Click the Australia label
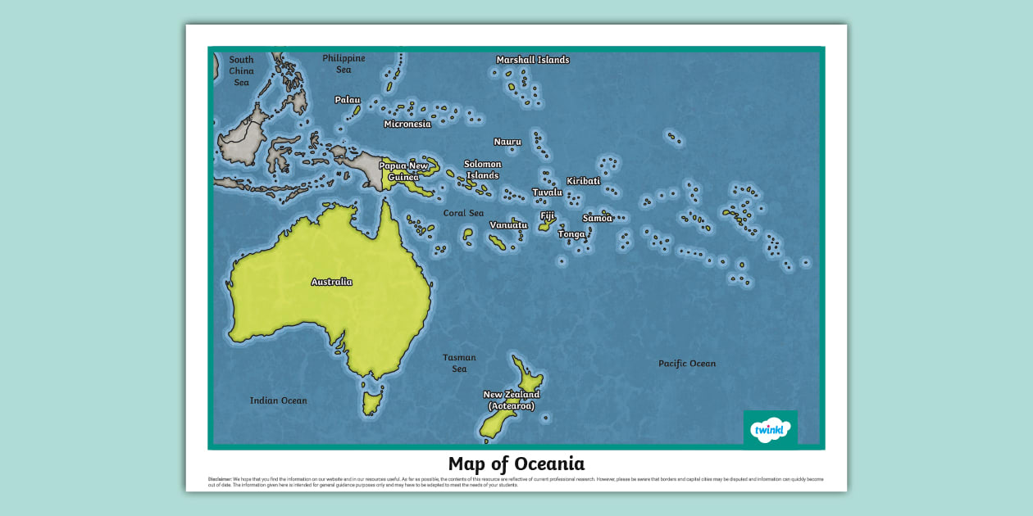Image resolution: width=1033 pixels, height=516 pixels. click(x=331, y=282)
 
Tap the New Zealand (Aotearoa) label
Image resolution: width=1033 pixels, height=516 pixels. click(x=511, y=401)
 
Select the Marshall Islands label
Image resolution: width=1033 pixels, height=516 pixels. click(x=532, y=60)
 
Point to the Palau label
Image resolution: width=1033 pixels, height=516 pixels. click(x=347, y=100)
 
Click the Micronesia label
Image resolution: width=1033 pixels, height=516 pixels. click(x=407, y=124)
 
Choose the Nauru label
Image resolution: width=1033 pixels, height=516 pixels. click(x=507, y=142)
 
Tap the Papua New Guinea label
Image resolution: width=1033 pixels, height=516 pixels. click(x=403, y=171)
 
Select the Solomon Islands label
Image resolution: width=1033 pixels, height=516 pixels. click(x=482, y=170)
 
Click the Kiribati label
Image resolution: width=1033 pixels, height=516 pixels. click(x=583, y=181)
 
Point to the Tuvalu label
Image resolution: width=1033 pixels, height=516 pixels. click(x=547, y=192)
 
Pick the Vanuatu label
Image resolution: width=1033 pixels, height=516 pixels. click(x=508, y=225)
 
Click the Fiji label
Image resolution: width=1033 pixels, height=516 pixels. click(x=547, y=216)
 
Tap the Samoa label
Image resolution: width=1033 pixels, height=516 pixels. click(x=597, y=218)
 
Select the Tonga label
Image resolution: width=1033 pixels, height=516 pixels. click(x=571, y=234)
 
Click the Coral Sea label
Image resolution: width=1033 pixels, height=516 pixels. click(x=463, y=213)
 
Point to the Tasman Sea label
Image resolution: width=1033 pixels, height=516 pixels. click(x=459, y=363)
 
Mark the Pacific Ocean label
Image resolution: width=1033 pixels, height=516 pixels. click(x=686, y=364)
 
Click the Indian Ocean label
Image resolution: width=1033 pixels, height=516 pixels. click(x=278, y=401)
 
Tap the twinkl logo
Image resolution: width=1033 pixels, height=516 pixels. click(x=770, y=429)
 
